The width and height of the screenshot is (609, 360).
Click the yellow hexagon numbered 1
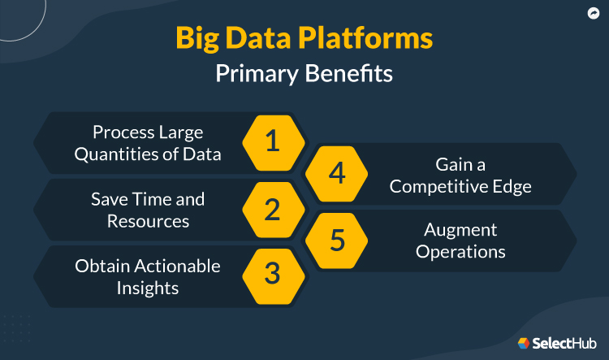(x=273, y=142)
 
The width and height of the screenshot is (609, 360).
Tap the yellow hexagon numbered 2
(x=273, y=209)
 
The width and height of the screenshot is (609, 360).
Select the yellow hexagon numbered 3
(x=273, y=275)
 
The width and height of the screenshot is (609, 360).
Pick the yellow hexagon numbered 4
(x=337, y=174)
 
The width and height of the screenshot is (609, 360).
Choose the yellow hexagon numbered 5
(x=337, y=241)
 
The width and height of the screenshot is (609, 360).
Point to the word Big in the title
(x=199, y=40)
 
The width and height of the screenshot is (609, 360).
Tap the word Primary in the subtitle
(x=257, y=74)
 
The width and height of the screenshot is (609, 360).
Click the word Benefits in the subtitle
(x=349, y=74)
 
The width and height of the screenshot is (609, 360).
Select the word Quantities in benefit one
(x=113, y=154)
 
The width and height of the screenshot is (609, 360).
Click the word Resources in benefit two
(x=148, y=220)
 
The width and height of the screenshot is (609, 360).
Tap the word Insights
(x=148, y=287)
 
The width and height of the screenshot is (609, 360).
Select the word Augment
(x=460, y=231)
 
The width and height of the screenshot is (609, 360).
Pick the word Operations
(x=460, y=252)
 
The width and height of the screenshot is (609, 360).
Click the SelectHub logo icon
(x=524, y=343)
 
